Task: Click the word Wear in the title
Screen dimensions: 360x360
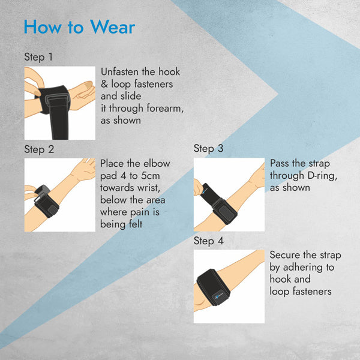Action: [x=113, y=27]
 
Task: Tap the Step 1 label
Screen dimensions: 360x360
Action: [x=38, y=57]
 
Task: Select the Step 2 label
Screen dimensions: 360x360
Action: [x=39, y=149]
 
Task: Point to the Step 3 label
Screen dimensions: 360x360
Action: [x=208, y=148]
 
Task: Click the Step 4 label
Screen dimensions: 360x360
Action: [x=208, y=241]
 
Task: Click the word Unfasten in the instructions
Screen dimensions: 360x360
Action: [x=119, y=72]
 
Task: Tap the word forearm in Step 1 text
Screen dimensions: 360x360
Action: [x=165, y=108]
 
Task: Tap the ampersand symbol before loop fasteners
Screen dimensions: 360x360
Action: [x=104, y=84]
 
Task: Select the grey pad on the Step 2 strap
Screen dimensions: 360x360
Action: [x=53, y=209]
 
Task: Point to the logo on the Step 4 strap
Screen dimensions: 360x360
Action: [x=218, y=296]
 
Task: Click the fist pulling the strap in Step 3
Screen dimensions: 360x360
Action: [x=199, y=187]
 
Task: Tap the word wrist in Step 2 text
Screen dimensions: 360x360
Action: [x=148, y=188]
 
